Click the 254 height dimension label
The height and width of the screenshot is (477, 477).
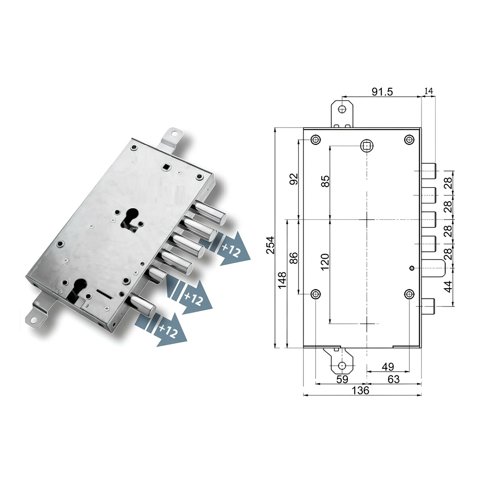(x=271, y=245)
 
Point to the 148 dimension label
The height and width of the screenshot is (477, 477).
(x=283, y=280)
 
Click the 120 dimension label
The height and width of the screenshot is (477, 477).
(x=325, y=262)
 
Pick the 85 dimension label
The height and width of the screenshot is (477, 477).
(x=326, y=181)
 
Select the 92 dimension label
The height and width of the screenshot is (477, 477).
(x=294, y=179)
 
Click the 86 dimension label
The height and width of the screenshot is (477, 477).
(x=294, y=258)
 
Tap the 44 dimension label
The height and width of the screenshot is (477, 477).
(x=448, y=287)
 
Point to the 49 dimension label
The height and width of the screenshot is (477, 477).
(x=388, y=366)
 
